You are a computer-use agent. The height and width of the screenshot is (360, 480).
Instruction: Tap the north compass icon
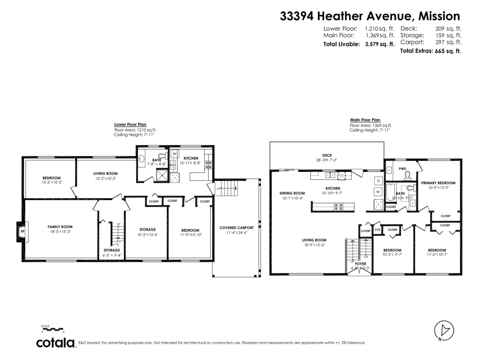point(444,330)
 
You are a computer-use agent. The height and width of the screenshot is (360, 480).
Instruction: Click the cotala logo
point(56,343)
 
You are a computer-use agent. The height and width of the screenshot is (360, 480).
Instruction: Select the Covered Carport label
point(236,228)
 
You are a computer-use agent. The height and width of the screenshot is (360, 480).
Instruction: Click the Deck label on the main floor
point(327,155)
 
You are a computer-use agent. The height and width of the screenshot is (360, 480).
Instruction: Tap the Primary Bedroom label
point(438,183)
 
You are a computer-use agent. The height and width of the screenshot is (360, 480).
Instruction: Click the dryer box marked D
point(378,181)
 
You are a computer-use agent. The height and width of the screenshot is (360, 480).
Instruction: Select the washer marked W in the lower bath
point(175,153)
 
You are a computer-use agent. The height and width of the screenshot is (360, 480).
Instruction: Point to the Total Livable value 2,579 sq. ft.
point(379,44)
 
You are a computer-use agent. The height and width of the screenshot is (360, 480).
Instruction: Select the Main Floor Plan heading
point(365,120)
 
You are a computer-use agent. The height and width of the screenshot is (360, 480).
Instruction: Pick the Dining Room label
point(292,193)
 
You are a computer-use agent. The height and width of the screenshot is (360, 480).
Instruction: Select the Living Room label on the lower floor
point(106,173)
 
